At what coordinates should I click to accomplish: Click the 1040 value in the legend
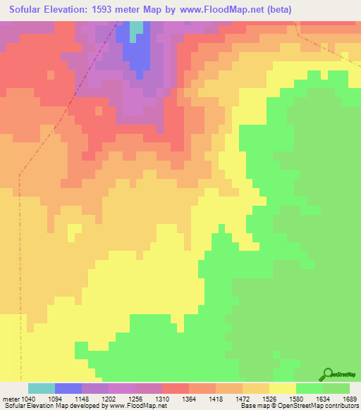(x=23, y=398)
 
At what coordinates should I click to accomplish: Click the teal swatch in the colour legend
(x=42, y=388)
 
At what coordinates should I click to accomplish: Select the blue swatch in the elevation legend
(x=68, y=388)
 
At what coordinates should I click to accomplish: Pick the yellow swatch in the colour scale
(x=283, y=388)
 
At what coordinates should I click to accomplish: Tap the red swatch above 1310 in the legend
(x=176, y=388)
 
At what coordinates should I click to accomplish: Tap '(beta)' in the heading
(x=290, y=9)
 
